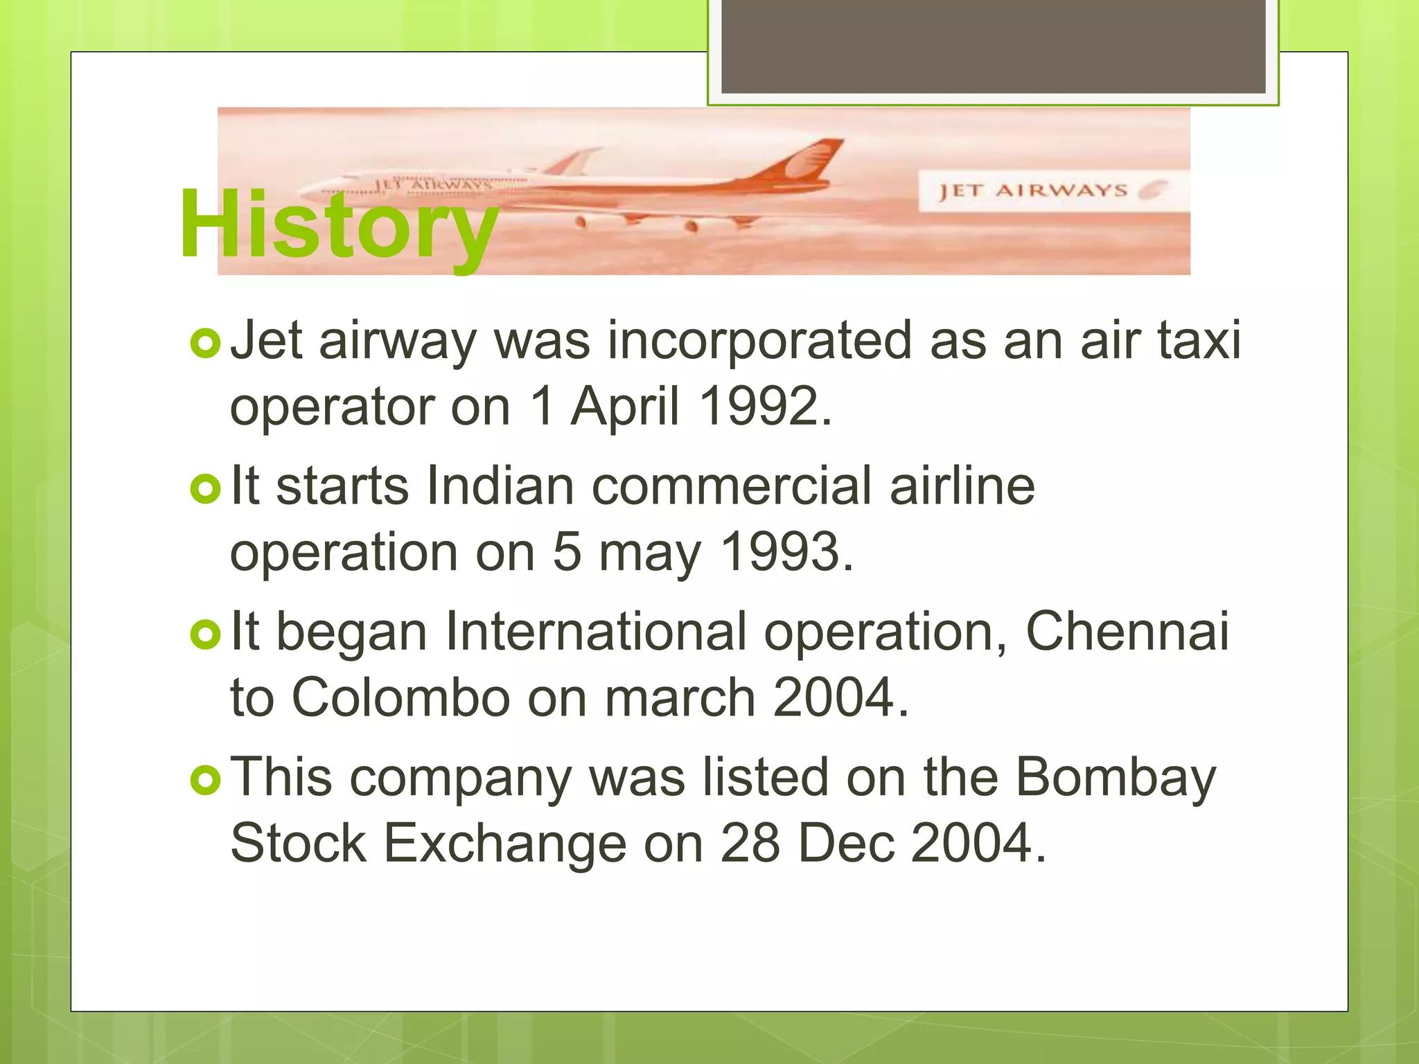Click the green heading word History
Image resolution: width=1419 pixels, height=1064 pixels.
[339, 225]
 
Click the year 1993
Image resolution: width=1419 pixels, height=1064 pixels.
[786, 552]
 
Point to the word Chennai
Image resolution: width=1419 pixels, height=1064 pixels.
[1127, 631]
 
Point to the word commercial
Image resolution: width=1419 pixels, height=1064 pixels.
[731, 486]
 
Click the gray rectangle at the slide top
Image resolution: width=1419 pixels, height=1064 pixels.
[993, 46]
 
